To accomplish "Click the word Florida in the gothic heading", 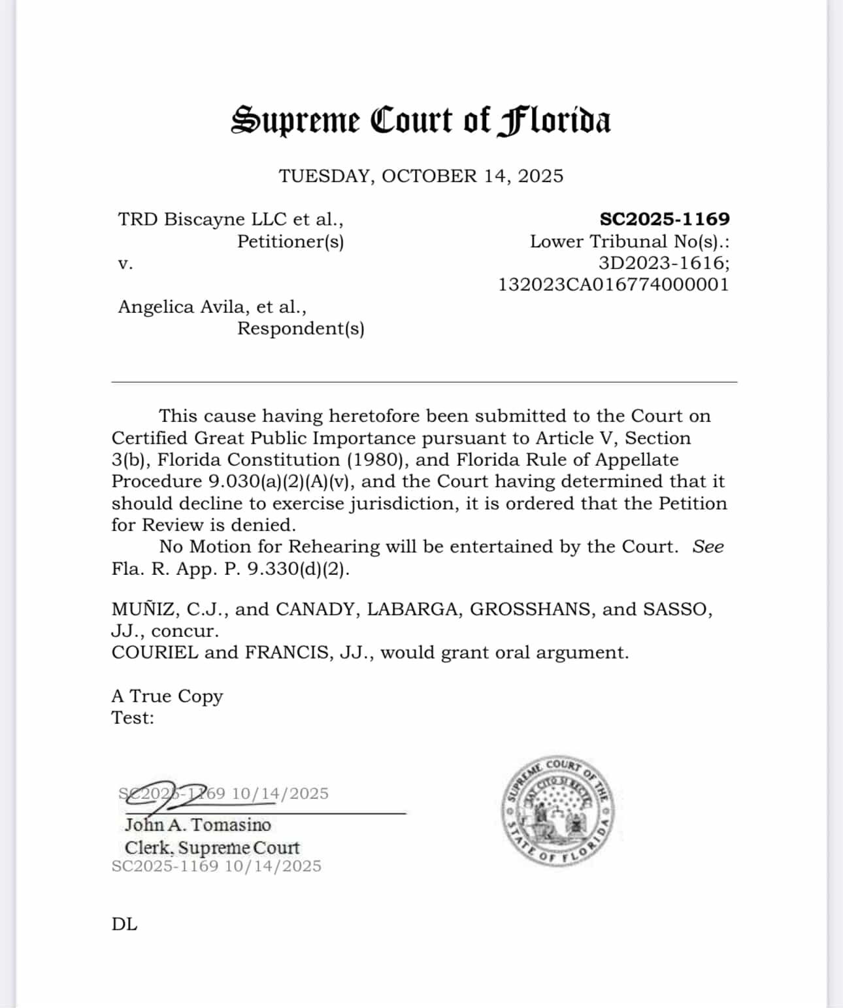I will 554,122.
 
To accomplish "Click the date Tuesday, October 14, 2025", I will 421,176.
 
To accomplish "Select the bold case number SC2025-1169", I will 664,219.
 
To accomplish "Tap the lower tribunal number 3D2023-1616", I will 663,263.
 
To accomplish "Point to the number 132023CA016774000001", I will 614,284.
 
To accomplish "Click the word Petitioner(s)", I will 290,241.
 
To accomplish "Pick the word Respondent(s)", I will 301,328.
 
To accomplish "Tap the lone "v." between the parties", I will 125,263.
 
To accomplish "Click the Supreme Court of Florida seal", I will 559,812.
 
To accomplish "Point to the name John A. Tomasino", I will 197,824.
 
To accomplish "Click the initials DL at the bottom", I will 124,924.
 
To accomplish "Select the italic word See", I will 708,546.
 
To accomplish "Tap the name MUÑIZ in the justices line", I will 144,609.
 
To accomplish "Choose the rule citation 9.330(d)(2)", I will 298,568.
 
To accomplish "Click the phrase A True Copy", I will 167,696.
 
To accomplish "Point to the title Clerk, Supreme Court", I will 212,847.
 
